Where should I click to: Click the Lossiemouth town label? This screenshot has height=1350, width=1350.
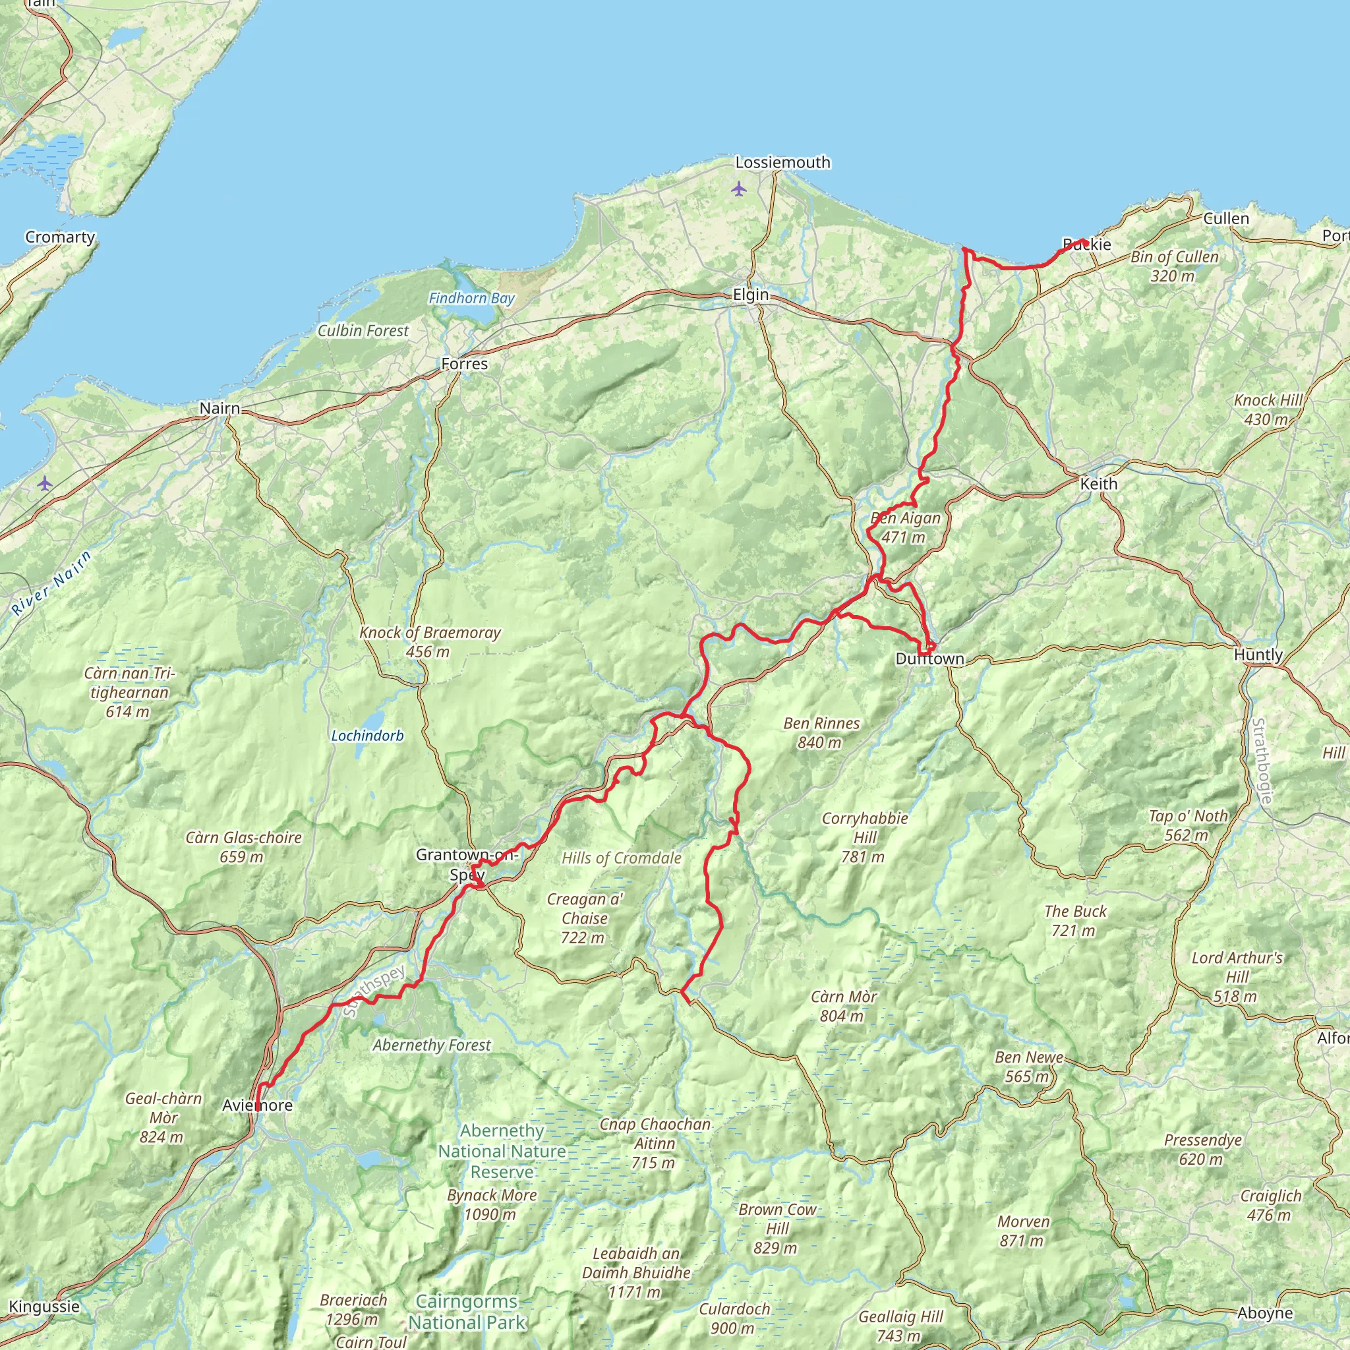click(782, 162)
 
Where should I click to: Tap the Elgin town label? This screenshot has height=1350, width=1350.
click(750, 295)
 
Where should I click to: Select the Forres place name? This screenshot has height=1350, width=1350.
click(465, 363)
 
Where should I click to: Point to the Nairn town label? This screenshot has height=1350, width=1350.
click(220, 408)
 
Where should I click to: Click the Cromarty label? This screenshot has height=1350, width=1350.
click(60, 237)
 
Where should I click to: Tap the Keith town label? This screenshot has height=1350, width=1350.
click(1098, 484)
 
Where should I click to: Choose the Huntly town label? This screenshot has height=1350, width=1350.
click(1258, 655)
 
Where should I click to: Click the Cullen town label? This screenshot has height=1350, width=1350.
click(1225, 219)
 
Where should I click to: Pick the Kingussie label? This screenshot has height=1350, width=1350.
click(45, 1306)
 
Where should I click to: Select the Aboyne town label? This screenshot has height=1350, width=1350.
click(1265, 1313)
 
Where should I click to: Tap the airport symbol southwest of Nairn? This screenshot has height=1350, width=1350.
click(45, 483)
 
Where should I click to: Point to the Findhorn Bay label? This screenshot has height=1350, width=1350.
click(472, 299)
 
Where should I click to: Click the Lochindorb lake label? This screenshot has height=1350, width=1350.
click(368, 736)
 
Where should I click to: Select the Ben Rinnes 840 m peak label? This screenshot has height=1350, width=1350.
click(821, 732)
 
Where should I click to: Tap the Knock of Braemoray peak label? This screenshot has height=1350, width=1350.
click(430, 641)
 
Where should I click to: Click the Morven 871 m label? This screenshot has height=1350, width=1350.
click(1023, 1231)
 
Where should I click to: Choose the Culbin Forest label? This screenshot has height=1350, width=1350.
click(363, 330)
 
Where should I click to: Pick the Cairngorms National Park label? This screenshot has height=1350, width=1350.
click(467, 1312)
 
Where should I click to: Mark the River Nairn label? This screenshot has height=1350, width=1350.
click(53, 583)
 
